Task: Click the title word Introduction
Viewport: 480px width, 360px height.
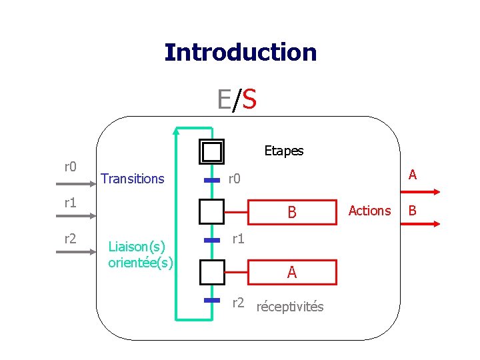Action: click(240, 52)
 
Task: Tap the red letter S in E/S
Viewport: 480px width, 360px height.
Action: click(249, 100)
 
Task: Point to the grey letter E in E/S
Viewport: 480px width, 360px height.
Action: click(224, 100)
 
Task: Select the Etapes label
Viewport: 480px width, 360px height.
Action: click(283, 151)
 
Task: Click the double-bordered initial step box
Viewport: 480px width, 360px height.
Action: click(212, 152)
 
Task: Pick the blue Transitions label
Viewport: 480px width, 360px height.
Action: click(132, 179)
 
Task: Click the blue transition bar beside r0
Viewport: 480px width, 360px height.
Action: click(212, 180)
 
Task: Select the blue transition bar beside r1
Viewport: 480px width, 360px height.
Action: click(212, 239)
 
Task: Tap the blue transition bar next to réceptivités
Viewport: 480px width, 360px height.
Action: click(212, 301)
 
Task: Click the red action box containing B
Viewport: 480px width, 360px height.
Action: click(291, 213)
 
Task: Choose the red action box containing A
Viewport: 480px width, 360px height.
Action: click(291, 272)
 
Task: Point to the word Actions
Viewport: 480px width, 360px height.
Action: click(369, 211)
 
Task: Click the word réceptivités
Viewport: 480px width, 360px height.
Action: click(290, 307)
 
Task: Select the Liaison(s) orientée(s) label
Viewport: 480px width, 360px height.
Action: click(141, 255)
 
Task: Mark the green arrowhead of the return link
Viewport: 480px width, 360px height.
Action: click(176, 130)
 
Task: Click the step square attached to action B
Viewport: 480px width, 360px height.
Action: click(212, 213)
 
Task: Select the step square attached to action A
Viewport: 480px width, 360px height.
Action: click(212, 272)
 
